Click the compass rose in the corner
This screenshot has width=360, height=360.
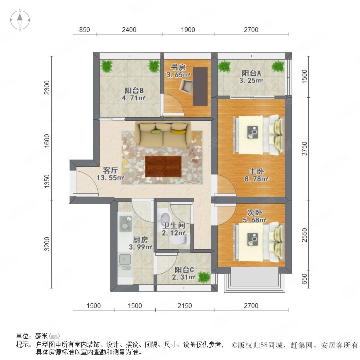tap(20, 20)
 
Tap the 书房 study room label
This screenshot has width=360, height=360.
tap(178, 68)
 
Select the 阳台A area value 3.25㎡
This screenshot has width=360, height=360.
tap(251, 80)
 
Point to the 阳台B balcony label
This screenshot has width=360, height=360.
tap(134, 90)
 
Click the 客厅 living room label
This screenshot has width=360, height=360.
tap(110, 170)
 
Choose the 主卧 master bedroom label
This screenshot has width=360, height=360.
tap(256, 171)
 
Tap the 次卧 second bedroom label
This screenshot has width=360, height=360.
tap(254, 212)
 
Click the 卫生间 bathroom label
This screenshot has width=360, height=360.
tap(174, 226)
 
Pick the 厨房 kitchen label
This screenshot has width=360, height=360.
tap(140, 240)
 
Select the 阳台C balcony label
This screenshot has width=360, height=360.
tap(184, 270)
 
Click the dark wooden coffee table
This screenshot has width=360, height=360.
tap(163, 166)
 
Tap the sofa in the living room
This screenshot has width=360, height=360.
tap(163, 134)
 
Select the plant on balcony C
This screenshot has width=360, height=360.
tap(204, 277)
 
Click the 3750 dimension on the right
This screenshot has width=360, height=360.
tap(304, 149)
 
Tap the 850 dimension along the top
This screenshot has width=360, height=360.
tap(84, 30)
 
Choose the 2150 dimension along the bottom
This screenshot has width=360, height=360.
tap(184, 306)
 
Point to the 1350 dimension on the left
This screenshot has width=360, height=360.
tap(47, 181)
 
